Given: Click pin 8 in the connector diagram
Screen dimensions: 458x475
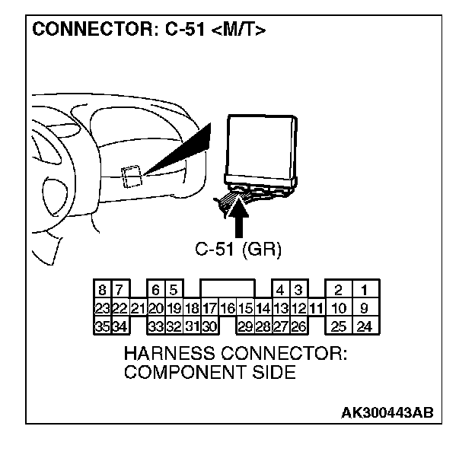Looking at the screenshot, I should point(101,290).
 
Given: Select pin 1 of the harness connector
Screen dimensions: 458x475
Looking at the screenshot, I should point(365,290).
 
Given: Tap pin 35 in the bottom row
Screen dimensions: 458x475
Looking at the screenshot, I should point(101,327).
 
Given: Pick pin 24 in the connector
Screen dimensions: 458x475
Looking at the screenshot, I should point(365,327).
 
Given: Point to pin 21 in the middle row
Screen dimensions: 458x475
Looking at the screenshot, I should point(138,309).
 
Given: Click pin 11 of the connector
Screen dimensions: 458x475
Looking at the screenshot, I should point(317,309).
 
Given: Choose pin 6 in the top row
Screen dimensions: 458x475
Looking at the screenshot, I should point(156,290).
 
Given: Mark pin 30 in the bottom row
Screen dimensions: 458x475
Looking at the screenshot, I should point(210,327).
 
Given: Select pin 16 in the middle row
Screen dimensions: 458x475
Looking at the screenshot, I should point(228,309).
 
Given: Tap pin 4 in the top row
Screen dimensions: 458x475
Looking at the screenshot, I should point(280,290).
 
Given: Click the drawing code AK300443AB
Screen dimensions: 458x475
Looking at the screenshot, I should point(387,413).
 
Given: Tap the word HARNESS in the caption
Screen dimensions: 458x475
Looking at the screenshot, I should point(172,354).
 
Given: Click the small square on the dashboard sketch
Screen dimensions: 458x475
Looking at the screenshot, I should point(130,175).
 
